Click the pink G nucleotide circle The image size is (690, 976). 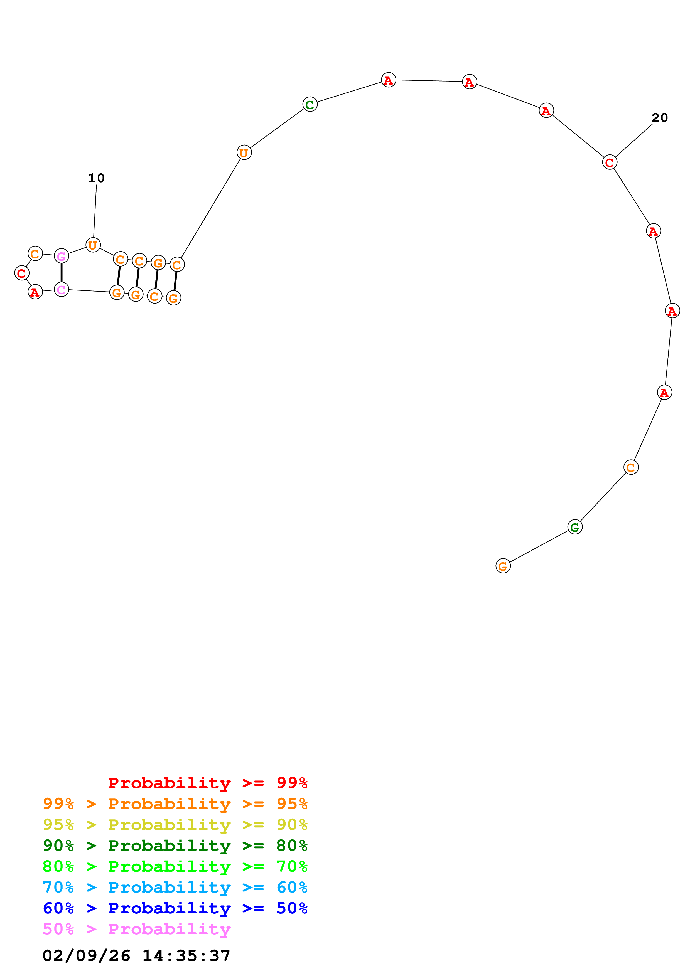click(62, 256)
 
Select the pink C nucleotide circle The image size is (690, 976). click(62, 289)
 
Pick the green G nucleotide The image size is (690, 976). click(575, 527)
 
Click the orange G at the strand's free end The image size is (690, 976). click(503, 566)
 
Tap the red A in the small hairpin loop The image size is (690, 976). click(35, 292)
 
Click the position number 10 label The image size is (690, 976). click(97, 178)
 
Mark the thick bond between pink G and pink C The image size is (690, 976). click(62, 272)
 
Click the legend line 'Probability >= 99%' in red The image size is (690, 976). click(207, 783)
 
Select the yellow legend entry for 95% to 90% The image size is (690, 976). click(175, 825)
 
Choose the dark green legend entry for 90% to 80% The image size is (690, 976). click(175, 846)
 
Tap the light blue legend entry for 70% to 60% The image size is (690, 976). click(175, 887)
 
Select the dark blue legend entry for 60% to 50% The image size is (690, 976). click(175, 908)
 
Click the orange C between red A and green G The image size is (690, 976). click(631, 467)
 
